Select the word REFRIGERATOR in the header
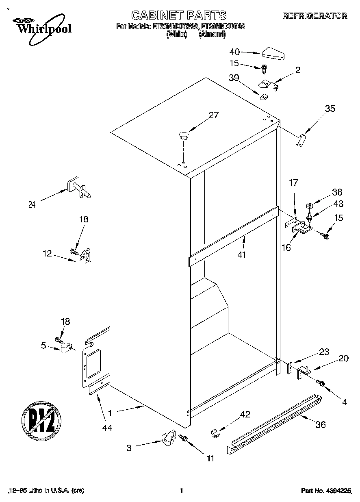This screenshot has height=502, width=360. click(314, 16)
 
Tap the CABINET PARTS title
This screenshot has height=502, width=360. click(179, 15)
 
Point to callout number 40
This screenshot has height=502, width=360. click(235, 52)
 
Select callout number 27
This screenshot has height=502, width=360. click(214, 115)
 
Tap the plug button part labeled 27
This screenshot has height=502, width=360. click(184, 135)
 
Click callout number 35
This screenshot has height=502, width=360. click(330, 109)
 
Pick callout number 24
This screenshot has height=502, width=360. click(32, 205)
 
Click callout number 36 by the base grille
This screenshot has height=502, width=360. click(321, 425)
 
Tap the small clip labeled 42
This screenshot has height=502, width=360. click(215, 433)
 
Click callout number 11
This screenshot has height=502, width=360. click(210, 459)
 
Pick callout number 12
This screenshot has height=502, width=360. click(47, 253)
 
